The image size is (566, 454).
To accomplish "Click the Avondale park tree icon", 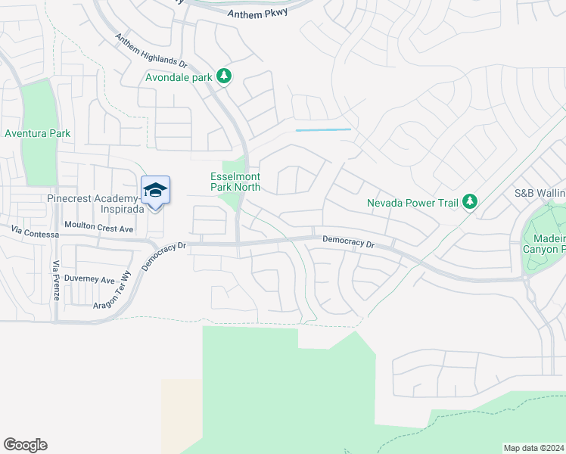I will tap(224, 76).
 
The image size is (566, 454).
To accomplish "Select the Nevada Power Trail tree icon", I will tap(471, 201).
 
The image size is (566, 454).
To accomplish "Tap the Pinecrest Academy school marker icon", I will tap(155, 190).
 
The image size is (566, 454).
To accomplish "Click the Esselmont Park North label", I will tap(235, 182).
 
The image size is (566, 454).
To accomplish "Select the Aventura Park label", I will tap(38, 134).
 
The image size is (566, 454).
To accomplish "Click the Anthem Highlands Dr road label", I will tap(150, 51).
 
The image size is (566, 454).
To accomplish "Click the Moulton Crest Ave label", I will tap(98, 227).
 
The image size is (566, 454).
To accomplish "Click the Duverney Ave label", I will tap(89, 279).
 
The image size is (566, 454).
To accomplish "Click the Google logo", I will tap(25, 445).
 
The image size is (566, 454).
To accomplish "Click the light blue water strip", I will tap(323, 130).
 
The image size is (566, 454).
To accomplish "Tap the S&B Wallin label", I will tap(540, 194).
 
